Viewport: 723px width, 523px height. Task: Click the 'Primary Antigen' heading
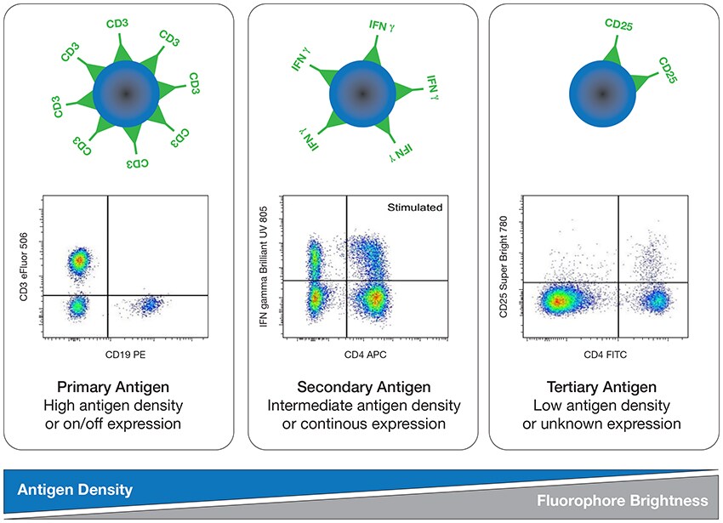coord(124,386)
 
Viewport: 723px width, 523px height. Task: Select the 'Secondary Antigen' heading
coord(364,386)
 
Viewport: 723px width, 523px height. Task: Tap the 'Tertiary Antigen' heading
coord(603,386)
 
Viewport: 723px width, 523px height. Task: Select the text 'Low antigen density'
coord(603,405)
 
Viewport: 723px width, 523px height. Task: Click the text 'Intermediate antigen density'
coord(364,405)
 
